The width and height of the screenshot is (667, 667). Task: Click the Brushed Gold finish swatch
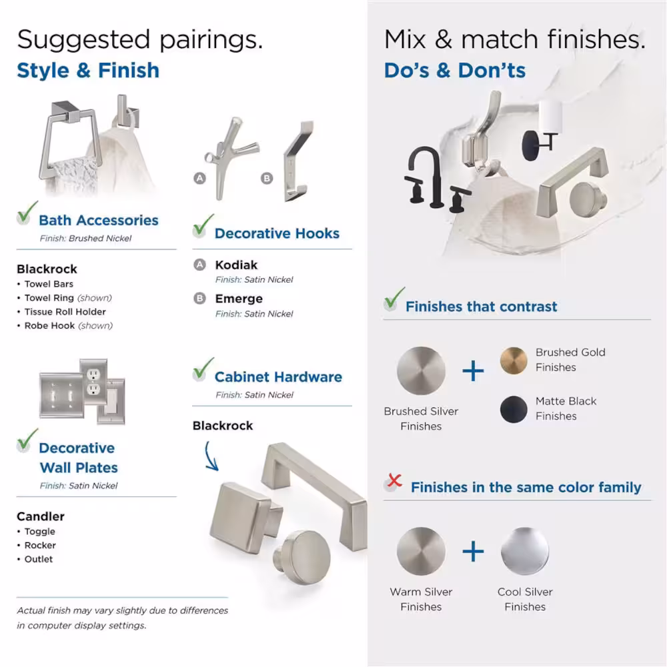pyautogui.click(x=514, y=360)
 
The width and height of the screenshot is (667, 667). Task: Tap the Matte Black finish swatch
pyautogui.click(x=514, y=410)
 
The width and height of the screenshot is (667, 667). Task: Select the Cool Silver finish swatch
pyautogui.click(x=525, y=552)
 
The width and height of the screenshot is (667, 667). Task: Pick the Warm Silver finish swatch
pyautogui.click(x=421, y=552)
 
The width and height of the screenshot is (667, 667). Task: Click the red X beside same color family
pyautogui.click(x=394, y=481)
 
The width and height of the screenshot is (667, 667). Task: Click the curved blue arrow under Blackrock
pyautogui.click(x=211, y=456)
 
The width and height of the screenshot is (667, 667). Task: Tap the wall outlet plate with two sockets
pyautogui.click(x=93, y=382)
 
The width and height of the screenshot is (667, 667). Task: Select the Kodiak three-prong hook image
pyautogui.click(x=230, y=158)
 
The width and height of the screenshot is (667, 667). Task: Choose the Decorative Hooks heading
pyautogui.click(x=277, y=233)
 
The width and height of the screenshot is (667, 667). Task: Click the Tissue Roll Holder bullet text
pyautogui.click(x=65, y=311)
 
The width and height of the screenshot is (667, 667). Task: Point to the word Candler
pyautogui.click(x=41, y=516)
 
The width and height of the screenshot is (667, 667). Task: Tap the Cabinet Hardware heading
pyautogui.click(x=278, y=377)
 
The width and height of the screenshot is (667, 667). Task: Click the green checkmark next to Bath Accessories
pyautogui.click(x=27, y=212)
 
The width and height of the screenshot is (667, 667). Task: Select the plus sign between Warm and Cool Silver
pyautogui.click(x=473, y=552)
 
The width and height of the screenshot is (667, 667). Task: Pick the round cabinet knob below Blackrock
pyautogui.click(x=303, y=557)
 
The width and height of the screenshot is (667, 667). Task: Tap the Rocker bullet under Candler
pyautogui.click(x=40, y=546)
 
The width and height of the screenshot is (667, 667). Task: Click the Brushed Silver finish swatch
pyautogui.click(x=421, y=371)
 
